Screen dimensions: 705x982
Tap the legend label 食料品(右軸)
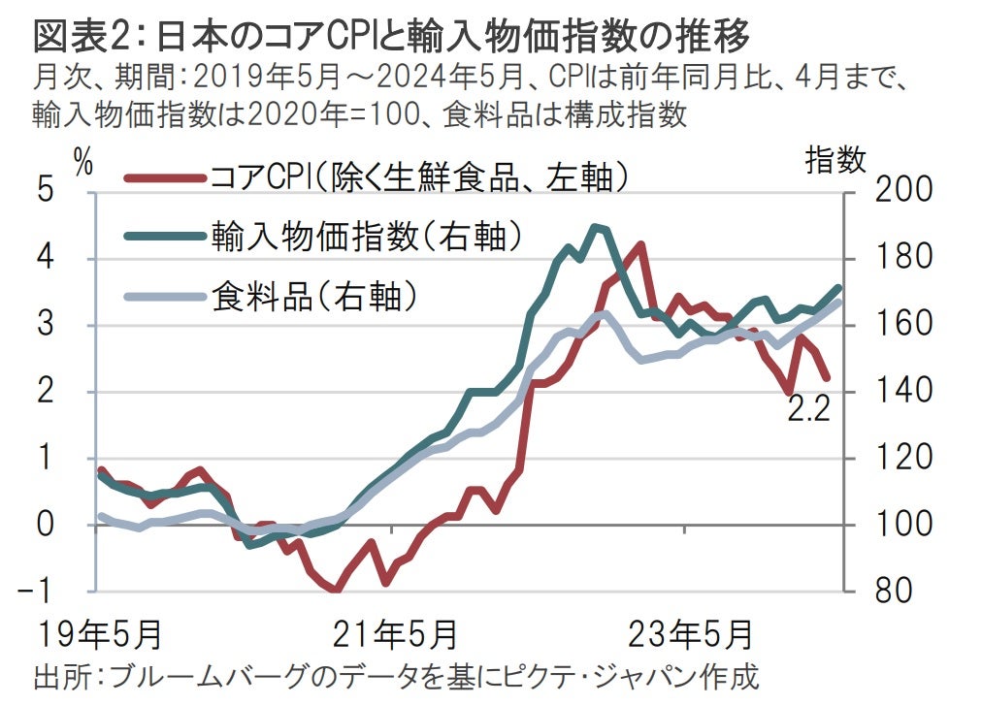314,295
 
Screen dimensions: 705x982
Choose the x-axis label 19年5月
97,635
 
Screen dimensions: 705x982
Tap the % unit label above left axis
83,163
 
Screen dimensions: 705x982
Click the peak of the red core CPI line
640,244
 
